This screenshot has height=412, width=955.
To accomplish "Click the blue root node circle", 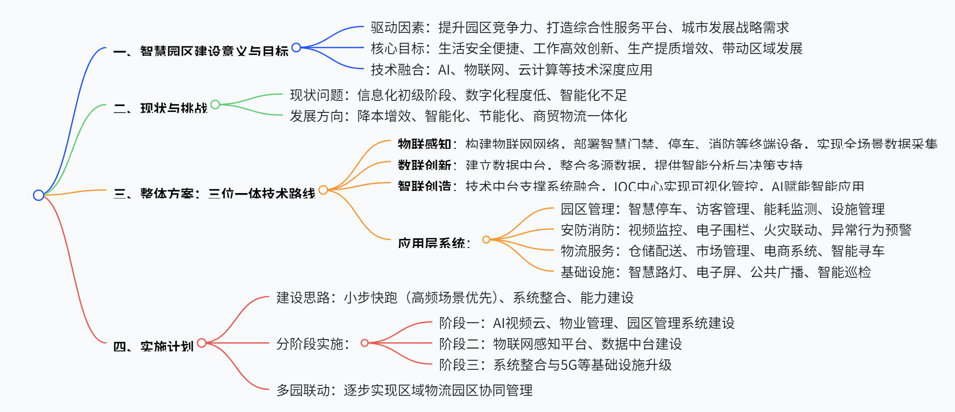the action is [x=39, y=195].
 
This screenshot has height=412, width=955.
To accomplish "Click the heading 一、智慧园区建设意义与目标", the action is [x=201, y=51].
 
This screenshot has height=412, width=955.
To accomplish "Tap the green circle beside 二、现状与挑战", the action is [x=215, y=105].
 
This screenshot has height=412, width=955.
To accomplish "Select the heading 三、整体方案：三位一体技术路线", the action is [x=214, y=193].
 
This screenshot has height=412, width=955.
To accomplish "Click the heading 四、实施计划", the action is [x=153, y=346].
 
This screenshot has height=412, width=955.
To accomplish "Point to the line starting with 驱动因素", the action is [x=579, y=27].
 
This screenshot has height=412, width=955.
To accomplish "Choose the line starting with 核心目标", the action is [x=586, y=48].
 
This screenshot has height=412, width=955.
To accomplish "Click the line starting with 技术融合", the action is [x=511, y=70].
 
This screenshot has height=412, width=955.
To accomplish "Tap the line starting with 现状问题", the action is [x=458, y=95].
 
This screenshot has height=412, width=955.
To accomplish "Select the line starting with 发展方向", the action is [x=458, y=116].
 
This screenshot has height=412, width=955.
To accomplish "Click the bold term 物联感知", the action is [x=424, y=144].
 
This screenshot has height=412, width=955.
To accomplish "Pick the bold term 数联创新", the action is [x=424, y=165].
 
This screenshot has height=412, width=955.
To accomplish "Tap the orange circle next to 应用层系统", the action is [x=486, y=239].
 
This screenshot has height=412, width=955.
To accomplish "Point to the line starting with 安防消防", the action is [x=736, y=230].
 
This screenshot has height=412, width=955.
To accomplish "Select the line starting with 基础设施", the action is [x=715, y=272].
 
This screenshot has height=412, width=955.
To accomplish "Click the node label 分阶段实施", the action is [x=313, y=344].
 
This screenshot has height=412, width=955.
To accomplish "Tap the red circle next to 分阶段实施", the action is [x=364, y=343].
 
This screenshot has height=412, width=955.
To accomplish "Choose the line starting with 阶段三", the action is [x=555, y=364].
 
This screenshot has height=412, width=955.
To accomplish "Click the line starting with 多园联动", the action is [x=404, y=390].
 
